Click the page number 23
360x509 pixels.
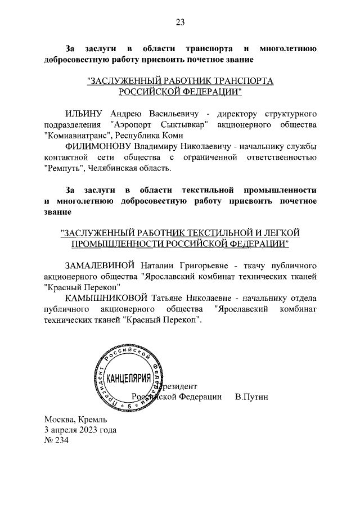(x=180, y=22)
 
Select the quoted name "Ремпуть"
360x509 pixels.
(x=65, y=168)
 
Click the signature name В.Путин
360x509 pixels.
(x=251, y=397)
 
